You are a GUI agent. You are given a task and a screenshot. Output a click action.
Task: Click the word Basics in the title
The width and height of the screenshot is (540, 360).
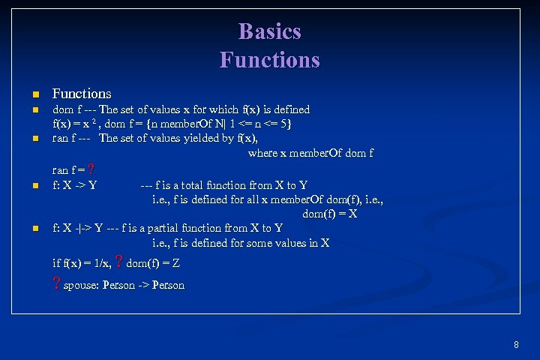pos(269,31)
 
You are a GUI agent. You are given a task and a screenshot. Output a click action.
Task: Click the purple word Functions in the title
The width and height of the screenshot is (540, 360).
pos(269,59)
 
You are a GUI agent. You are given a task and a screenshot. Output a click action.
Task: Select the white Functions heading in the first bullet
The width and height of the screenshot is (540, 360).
pos(82,94)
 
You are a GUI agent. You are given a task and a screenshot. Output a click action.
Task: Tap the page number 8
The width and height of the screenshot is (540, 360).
pos(516,345)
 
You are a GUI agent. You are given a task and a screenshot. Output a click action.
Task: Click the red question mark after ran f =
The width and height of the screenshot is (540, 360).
pos(91,169)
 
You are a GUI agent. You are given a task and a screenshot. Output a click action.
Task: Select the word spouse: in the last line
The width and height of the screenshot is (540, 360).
pos(81,285)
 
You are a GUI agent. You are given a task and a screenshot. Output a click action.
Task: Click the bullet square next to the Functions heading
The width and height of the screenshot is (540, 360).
pos(34,94)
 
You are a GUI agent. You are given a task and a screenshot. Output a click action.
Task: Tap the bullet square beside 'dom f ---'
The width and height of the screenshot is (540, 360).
pos(34,110)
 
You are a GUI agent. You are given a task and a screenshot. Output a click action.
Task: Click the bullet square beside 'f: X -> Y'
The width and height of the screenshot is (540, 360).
pos(34,185)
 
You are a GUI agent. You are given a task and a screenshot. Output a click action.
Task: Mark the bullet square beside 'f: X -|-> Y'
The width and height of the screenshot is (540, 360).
pos(34,228)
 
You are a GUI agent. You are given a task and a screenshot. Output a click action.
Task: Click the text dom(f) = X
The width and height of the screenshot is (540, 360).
pos(329,214)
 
